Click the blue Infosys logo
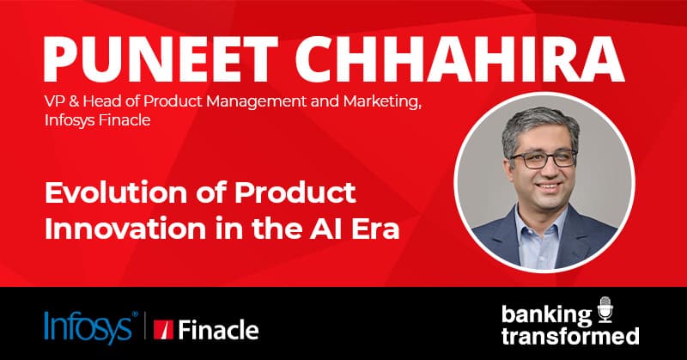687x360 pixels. [89, 326]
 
